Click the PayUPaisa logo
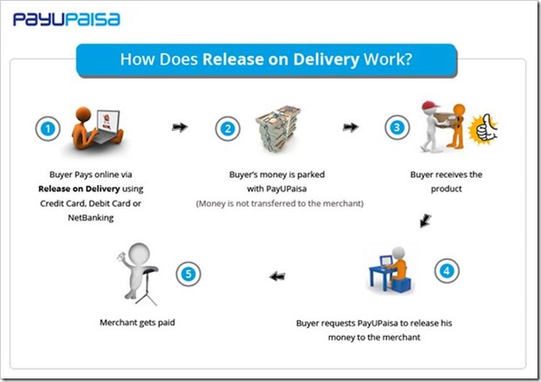click(66, 19)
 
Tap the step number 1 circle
click(49, 129)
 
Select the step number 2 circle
click(229, 129)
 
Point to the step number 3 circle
click(397, 127)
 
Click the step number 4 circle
click(446, 270)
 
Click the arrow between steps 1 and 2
click(180, 127)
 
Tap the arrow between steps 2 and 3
click(351, 127)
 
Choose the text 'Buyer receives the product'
click(446, 181)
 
